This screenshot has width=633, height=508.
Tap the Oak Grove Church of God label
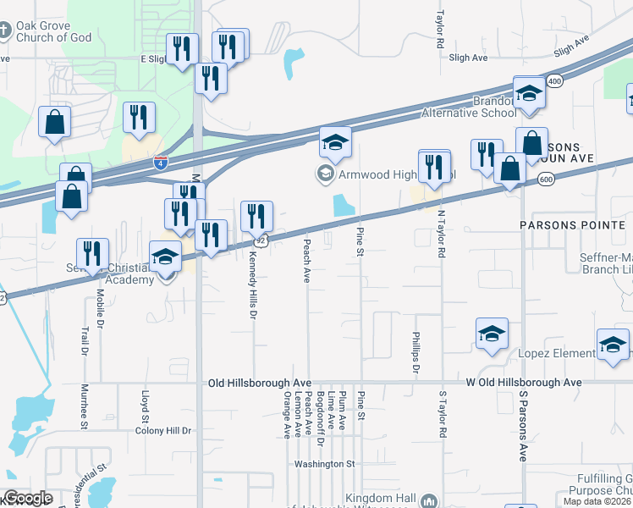[49, 31]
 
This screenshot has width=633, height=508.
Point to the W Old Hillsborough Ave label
[524, 383]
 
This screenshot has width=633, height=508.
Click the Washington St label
[324, 464]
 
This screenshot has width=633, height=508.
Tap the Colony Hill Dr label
[163, 430]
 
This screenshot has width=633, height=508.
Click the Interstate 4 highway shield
[160, 161]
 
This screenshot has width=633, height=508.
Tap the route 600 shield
[545, 179]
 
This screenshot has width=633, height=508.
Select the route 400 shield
[554, 80]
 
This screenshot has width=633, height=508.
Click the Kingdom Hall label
[383, 498]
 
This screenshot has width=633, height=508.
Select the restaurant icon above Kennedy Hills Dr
[256, 217]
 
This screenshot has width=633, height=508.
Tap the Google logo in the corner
[28, 498]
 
